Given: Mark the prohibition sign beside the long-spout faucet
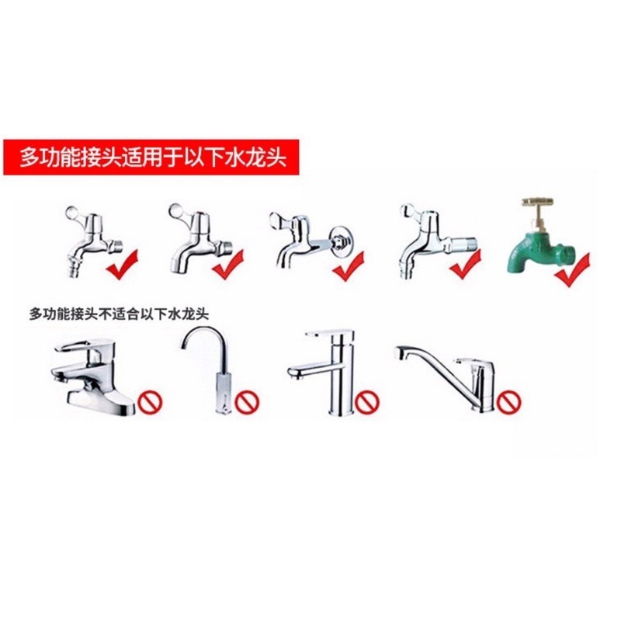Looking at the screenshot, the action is (x=508, y=401).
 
